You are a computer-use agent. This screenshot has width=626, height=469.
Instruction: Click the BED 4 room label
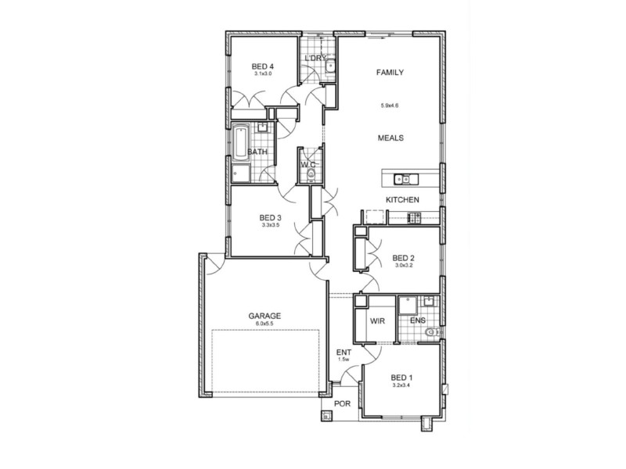[x=262, y=66]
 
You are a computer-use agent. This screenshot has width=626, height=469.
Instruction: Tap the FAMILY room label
[x=390, y=72]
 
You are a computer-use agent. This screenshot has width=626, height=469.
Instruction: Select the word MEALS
[x=390, y=138]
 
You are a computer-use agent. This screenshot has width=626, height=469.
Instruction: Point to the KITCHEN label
[x=402, y=201]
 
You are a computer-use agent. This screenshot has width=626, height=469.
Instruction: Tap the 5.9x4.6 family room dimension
[x=390, y=105]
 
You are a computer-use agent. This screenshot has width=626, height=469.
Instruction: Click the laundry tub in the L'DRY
[x=330, y=67]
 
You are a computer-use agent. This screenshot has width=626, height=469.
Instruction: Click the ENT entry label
[x=344, y=353]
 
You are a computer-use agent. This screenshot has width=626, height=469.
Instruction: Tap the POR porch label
[x=343, y=404]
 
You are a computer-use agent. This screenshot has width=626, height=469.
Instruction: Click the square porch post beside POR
[x=326, y=416]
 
